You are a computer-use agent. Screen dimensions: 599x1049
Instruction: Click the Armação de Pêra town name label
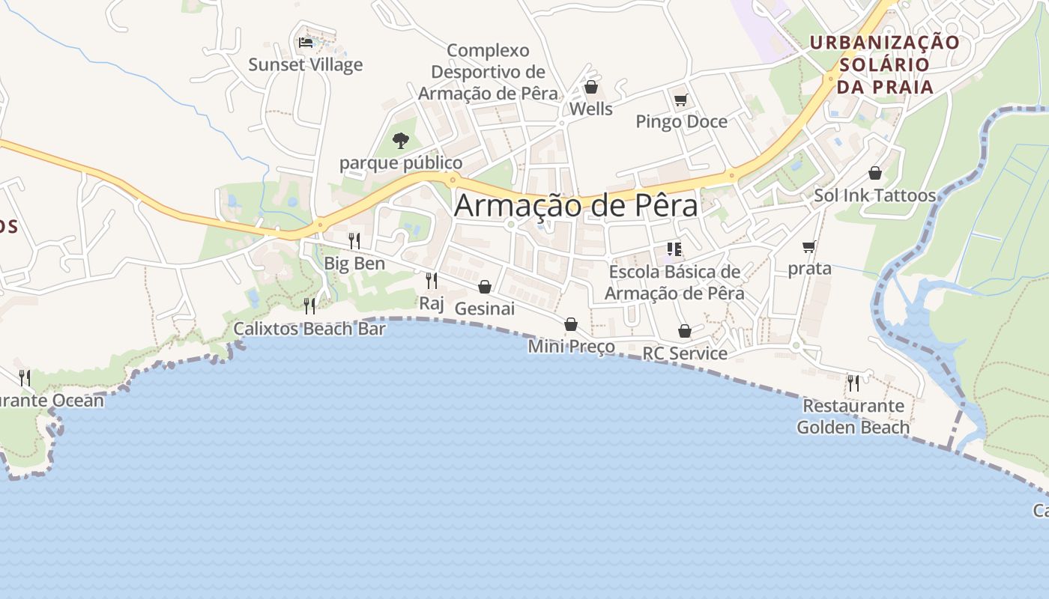(x=575, y=205)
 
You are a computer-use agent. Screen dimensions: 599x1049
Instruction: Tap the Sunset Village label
(x=305, y=64)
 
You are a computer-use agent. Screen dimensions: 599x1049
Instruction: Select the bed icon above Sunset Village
(x=305, y=43)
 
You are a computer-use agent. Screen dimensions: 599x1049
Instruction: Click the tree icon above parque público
(x=401, y=140)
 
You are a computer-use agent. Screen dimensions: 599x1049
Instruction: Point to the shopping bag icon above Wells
(x=591, y=88)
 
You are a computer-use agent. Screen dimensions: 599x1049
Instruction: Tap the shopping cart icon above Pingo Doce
(x=680, y=100)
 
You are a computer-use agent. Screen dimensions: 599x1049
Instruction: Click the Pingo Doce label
(x=681, y=121)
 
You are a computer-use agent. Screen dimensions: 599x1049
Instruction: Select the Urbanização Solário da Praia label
(x=885, y=64)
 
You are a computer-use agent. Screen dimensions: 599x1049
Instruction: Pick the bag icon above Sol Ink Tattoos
(x=874, y=174)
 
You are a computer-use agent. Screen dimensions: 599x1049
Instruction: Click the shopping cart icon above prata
(x=808, y=246)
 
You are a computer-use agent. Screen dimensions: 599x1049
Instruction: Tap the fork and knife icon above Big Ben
(x=354, y=241)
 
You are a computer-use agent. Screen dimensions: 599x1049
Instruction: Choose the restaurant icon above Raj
(x=432, y=281)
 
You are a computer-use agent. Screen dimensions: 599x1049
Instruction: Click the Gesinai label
(x=484, y=308)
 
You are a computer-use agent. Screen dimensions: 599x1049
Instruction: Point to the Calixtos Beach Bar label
(x=309, y=329)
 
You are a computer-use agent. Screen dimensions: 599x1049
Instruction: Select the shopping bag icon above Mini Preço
(x=571, y=324)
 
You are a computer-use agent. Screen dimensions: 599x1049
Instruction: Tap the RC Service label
(x=685, y=353)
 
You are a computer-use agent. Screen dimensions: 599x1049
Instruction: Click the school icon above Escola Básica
(x=674, y=249)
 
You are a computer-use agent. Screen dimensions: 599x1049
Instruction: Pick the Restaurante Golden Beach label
(x=853, y=417)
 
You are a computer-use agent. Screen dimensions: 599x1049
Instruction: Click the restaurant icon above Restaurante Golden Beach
(x=853, y=383)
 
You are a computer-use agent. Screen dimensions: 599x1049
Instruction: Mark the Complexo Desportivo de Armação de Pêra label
(x=488, y=72)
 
